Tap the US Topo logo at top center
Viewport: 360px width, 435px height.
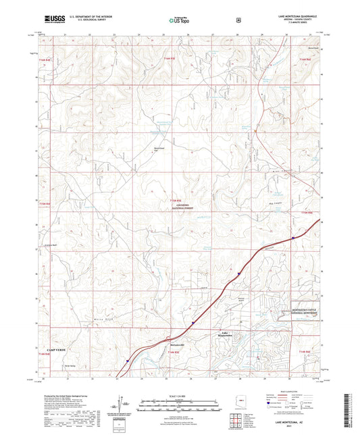pyautogui.click(x=175, y=21)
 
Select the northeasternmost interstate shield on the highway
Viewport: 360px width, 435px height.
pyautogui.click(x=292, y=237)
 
